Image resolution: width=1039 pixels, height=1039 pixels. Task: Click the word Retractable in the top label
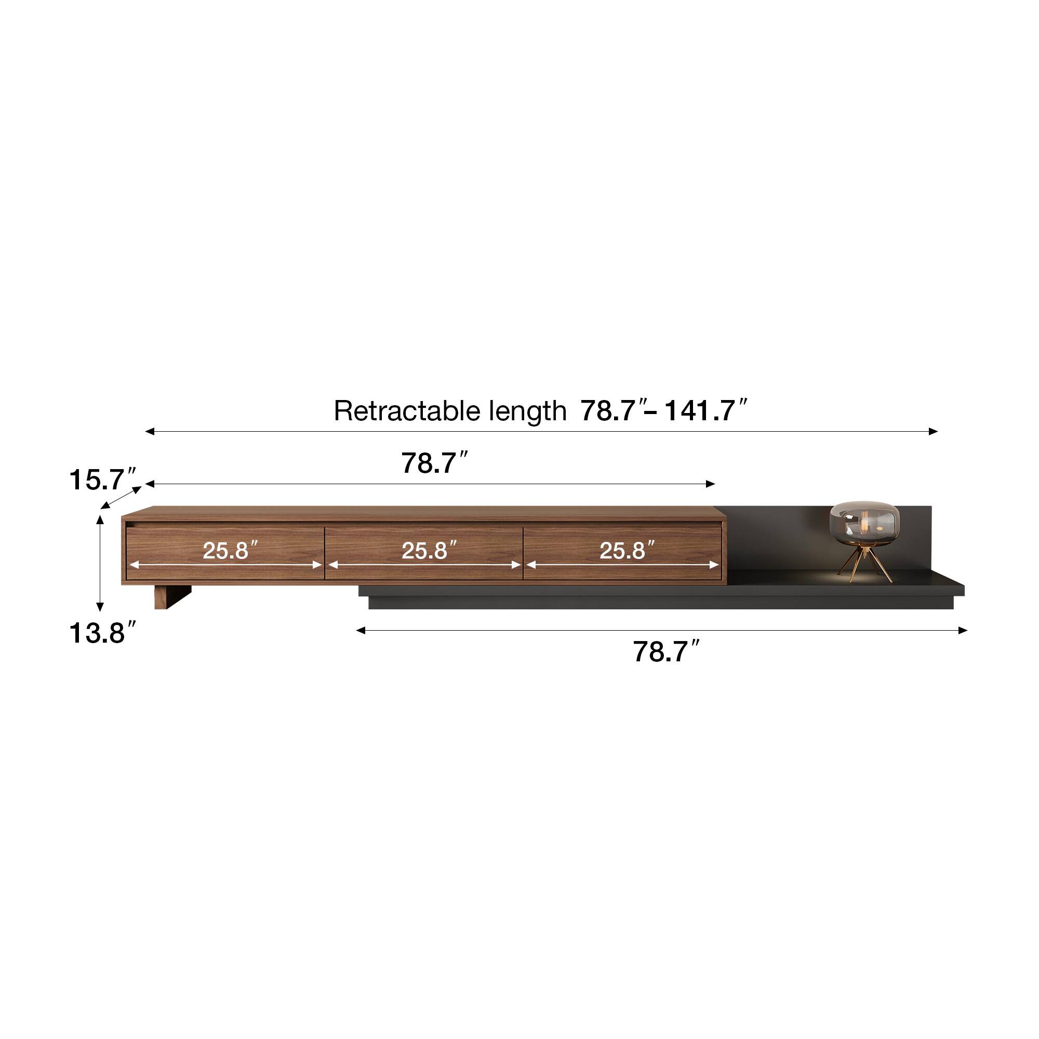407,411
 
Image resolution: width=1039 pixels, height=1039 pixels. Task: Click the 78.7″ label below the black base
666,652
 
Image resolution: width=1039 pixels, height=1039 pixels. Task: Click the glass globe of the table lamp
864,522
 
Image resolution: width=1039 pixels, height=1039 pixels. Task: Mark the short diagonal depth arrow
122,497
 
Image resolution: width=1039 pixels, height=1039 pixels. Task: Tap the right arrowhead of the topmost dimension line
934,431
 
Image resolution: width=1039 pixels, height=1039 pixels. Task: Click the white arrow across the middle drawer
424,565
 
